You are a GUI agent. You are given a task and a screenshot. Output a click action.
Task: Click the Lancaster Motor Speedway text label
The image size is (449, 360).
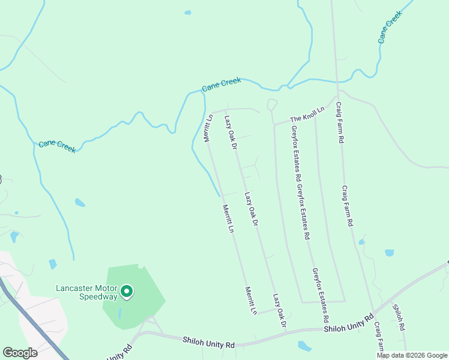(87, 292)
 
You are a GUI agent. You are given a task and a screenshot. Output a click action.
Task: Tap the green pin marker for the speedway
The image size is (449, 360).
(127, 292)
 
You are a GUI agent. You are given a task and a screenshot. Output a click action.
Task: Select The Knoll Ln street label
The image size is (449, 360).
(307, 114)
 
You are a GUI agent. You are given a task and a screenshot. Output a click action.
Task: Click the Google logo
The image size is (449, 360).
(20, 353)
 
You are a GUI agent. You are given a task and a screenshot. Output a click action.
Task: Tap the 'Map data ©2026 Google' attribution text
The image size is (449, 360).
(412, 355)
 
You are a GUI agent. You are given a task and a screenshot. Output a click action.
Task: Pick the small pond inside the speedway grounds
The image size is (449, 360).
(119, 314)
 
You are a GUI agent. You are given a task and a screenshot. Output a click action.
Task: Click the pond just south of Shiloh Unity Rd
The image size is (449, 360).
(305, 346)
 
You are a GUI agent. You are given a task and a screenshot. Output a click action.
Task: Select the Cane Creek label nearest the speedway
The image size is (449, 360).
(57, 146)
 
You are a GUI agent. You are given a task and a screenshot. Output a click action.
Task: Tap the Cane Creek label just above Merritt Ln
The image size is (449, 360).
(221, 85)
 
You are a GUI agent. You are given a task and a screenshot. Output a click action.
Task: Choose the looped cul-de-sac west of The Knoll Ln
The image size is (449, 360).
(272, 104)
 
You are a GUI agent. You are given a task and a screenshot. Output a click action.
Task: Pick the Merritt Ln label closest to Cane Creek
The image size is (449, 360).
(208, 128)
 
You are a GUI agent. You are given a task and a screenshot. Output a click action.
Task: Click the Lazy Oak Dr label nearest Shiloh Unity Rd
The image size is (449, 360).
(279, 310)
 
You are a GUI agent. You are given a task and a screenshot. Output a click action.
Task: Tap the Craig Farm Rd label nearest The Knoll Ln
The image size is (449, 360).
(340, 122)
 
